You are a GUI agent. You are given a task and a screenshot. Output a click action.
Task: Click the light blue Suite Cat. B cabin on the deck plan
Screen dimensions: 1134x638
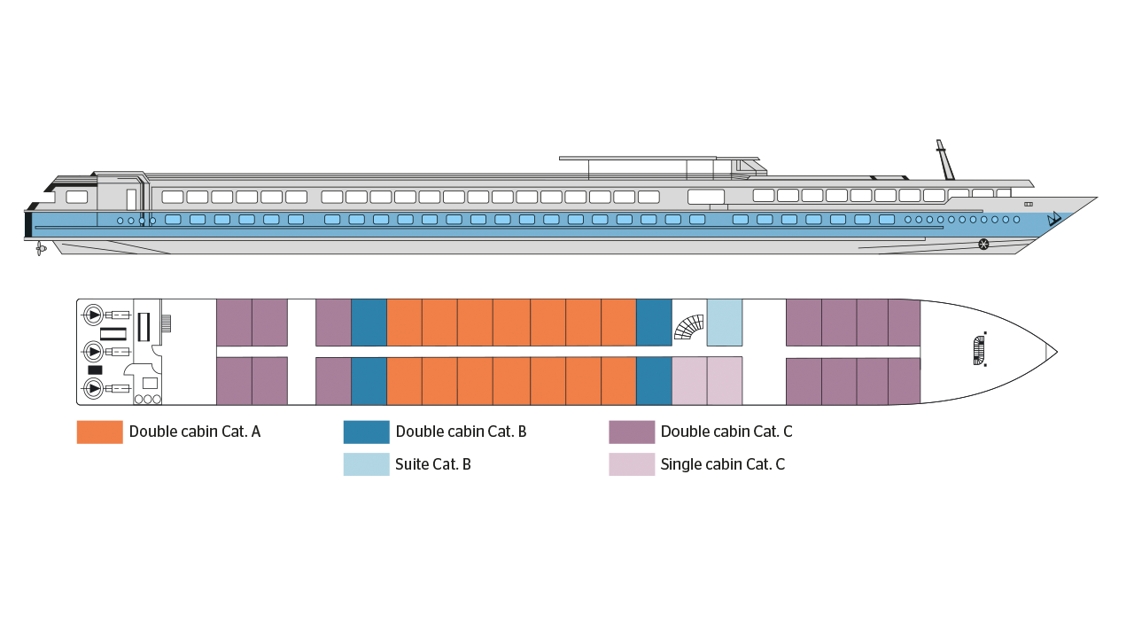(x=725, y=323)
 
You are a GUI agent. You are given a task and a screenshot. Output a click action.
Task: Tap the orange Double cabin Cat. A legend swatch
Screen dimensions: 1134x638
(x=100, y=432)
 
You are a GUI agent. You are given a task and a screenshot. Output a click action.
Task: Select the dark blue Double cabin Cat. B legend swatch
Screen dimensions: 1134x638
(x=366, y=432)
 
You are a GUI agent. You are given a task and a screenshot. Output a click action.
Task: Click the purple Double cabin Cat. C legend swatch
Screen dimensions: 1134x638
(x=632, y=432)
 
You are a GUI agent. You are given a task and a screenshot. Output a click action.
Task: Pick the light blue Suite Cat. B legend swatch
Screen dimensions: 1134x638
(x=366, y=464)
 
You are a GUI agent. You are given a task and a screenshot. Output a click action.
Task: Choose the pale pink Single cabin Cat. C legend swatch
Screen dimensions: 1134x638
(x=632, y=464)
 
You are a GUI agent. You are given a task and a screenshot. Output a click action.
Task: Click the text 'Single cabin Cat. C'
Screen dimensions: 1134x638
(x=722, y=464)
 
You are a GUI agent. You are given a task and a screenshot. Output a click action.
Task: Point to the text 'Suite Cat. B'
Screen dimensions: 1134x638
(x=433, y=464)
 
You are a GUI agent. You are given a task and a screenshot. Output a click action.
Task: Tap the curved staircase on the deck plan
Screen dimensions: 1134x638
(x=689, y=327)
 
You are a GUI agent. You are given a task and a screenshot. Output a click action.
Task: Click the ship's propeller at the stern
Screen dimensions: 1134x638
(x=41, y=248)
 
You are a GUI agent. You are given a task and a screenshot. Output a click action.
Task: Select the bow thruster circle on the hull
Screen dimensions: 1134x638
(x=983, y=245)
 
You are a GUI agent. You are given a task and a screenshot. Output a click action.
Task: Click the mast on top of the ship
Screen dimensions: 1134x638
(x=944, y=159)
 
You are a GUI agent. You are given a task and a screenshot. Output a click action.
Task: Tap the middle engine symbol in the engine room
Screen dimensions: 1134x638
(x=93, y=352)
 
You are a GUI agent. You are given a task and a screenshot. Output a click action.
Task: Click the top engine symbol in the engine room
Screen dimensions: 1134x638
(x=93, y=315)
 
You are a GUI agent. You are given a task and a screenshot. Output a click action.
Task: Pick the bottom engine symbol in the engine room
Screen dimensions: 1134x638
(x=93, y=388)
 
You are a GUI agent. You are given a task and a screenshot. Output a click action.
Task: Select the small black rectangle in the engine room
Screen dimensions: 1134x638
(x=95, y=370)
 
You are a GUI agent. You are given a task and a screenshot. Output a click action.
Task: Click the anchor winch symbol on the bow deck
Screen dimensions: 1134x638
(x=979, y=350)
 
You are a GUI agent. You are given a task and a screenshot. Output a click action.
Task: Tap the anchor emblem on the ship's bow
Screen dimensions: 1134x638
(x=1053, y=219)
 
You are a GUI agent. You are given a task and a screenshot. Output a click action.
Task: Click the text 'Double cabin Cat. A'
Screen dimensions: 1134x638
(x=195, y=432)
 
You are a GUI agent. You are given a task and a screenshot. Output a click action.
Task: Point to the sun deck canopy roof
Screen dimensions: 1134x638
(x=659, y=159)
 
